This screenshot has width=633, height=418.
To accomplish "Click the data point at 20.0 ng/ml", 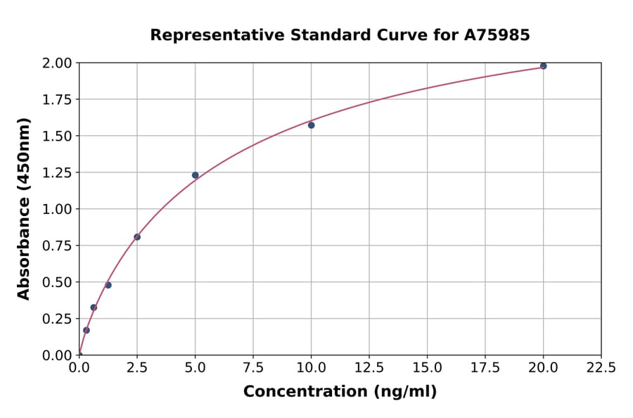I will [543, 66].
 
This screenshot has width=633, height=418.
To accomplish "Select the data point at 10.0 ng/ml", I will [311, 125].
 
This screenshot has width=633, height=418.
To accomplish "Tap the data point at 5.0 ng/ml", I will [196, 175].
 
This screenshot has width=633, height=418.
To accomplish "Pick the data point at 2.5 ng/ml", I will [137, 237].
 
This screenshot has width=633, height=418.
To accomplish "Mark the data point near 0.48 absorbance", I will [108, 285].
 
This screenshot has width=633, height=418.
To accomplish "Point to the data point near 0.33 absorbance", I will [94, 308].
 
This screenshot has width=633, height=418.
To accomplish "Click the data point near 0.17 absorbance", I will [87, 330].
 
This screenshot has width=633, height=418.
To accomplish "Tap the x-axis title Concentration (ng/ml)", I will [340, 392].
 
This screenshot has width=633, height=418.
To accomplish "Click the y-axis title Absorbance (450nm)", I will [24, 209].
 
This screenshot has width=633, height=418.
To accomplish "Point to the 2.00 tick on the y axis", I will [56, 63].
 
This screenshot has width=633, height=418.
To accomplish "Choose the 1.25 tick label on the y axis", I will [56, 172].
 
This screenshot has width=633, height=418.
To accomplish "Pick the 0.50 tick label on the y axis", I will [56, 282].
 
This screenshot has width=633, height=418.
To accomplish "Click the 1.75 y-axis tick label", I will [56, 100].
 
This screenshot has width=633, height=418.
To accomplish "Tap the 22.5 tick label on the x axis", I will [601, 367].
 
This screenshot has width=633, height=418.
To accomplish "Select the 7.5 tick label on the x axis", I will [253, 367].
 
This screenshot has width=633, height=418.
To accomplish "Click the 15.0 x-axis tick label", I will [427, 367].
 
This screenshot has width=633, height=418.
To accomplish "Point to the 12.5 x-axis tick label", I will [369, 367].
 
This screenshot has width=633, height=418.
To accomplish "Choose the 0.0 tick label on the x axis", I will [79, 367].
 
